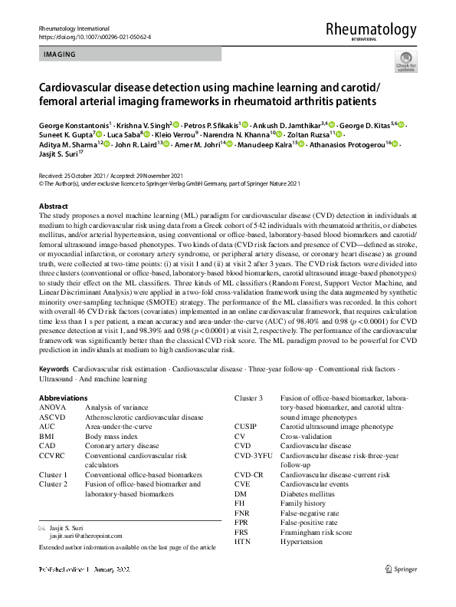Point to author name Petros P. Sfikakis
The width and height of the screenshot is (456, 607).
tap(212, 124)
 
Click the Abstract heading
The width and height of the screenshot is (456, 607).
tap(53, 207)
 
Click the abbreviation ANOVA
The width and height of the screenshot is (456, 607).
tap(53, 407)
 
